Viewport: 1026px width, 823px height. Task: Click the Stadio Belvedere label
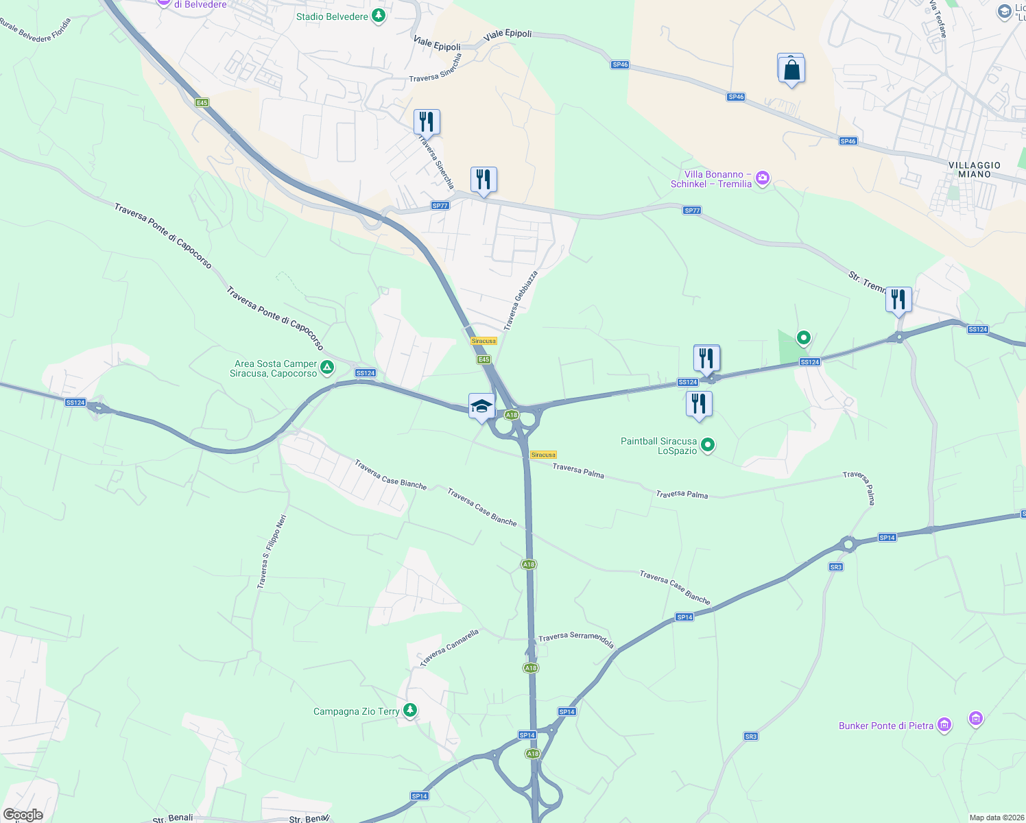coord(333,16)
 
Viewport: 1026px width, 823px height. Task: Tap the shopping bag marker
coord(791,69)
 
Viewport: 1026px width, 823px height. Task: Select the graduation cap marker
coord(481,406)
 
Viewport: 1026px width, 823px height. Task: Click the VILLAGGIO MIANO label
coord(975,169)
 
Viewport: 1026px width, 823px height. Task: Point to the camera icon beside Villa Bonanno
coord(762,179)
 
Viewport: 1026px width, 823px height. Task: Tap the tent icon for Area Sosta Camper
coord(328,368)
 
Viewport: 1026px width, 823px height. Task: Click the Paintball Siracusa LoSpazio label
coord(659,446)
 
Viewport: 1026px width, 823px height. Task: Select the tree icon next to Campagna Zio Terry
coord(410,710)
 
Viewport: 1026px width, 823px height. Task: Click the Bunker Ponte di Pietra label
coord(886,726)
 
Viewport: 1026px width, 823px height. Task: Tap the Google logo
coord(23,815)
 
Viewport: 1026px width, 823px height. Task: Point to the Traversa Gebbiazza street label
coord(521,300)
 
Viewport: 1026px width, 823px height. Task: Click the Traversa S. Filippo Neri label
coord(272,551)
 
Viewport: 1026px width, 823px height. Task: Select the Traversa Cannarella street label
coord(449,648)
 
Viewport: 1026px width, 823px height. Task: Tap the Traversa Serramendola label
coord(576,639)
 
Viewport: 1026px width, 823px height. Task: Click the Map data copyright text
coord(995,818)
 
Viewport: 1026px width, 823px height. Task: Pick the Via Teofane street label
coord(938,19)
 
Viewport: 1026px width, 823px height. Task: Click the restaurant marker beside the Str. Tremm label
coord(898,300)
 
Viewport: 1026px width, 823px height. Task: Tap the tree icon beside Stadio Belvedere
coord(378,16)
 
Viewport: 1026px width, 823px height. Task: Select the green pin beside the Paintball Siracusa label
coord(708,445)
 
